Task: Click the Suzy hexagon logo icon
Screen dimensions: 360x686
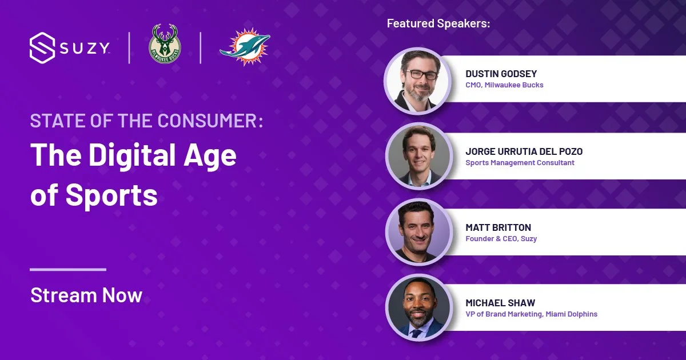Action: (x=42, y=48)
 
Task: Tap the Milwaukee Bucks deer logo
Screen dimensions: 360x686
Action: (x=165, y=44)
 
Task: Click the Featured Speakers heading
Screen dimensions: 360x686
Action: (x=438, y=23)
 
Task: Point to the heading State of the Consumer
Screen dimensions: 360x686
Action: (x=146, y=121)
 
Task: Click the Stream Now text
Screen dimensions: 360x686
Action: (x=86, y=295)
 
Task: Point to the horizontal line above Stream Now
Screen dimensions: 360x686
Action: (x=68, y=269)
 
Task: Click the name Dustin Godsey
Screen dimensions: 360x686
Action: (x=501, y=74)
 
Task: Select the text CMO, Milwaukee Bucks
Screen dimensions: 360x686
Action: (x=504, y=85)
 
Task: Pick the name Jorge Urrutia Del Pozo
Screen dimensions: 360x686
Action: (x=524, y=151)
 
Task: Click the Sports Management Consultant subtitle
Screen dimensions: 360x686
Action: (x=520, y=163)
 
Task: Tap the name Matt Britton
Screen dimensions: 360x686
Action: (x=497, y=227)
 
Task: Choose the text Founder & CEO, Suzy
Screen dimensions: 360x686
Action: (x=501, y=239)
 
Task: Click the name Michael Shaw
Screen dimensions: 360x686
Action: (x=500, y=303)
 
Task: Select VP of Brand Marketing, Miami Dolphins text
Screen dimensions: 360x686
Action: (x=531, y=314)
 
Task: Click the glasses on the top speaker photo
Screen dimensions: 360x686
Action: (x=421, y=75)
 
